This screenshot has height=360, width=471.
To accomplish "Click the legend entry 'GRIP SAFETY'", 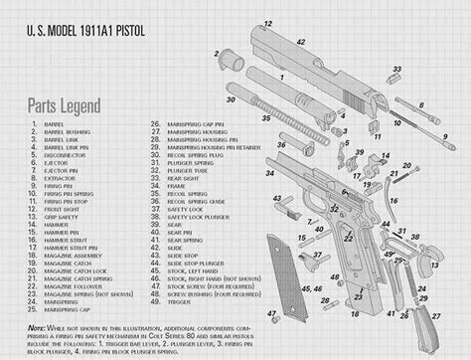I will pos(61,217).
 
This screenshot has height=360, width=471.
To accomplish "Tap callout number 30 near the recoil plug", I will pos(230,99).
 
